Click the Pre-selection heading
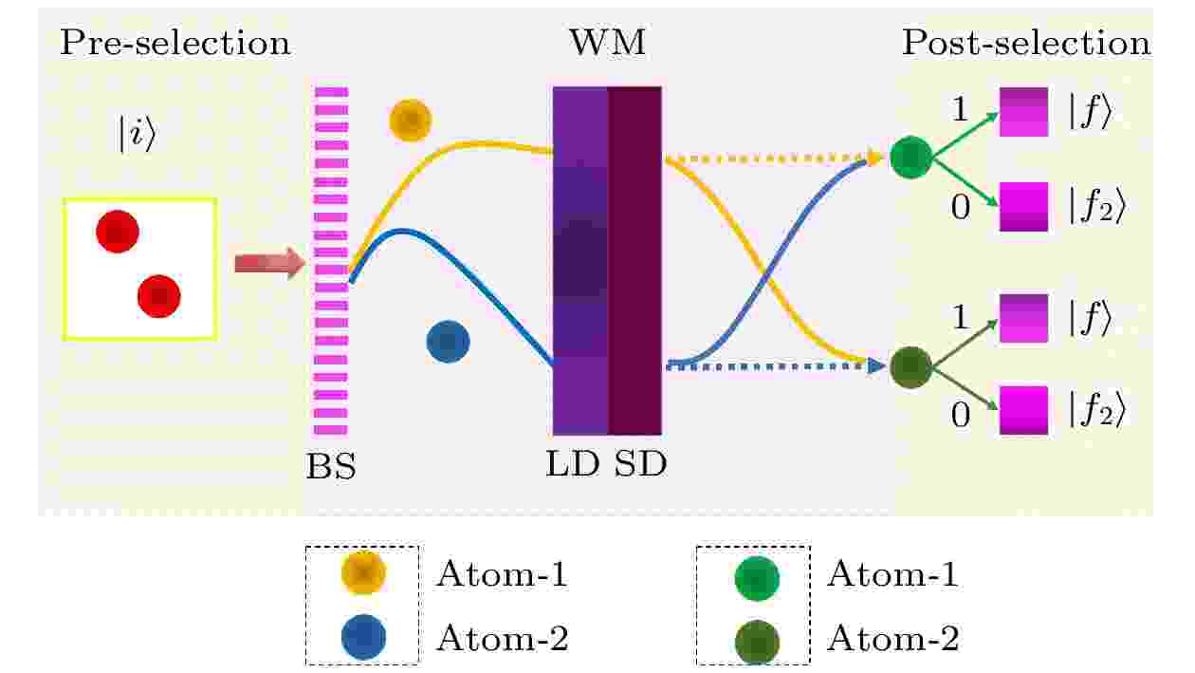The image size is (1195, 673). click(x=175, y=43)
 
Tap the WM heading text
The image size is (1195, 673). click(x=608, y=42)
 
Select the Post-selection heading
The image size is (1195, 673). click(x=1026, y=43)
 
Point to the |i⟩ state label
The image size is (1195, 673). click(x=136, y=134)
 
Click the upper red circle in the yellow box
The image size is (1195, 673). click(x=118, y=232)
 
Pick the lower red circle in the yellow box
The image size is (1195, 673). click(x=159, y=296)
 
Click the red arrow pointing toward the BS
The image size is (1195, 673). click(x=270, y=263)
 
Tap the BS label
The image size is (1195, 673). click(x=331, y=466)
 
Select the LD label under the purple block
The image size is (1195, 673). click(x=573, y=463)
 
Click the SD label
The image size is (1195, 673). click(x=640, y=463)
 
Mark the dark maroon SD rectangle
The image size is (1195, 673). click(x=634, y=261)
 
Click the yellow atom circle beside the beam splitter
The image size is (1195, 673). click(x=410, y=121)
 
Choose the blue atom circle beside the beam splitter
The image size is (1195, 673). click(x=448, y=342)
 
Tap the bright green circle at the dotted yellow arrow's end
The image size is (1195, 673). click(x=911, y=157)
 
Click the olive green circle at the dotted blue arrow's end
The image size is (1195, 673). click(x=911, y=367)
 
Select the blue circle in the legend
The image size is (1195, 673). click(x=363, y=637)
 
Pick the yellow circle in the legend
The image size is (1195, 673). click(x=363, y=573)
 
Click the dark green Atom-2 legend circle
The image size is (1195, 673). click(x=757, y=642)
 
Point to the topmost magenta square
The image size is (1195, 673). click(x=1023, y=112)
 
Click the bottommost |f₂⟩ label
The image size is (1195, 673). click(x=1097, y=411)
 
